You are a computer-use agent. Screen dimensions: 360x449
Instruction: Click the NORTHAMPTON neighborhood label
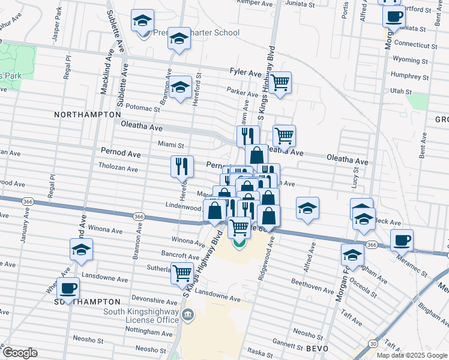(x=88, y=114)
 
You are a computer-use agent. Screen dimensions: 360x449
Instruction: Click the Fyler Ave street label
(x=246, y=72)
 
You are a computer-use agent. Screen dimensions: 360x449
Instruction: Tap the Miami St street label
(x=170, y=144)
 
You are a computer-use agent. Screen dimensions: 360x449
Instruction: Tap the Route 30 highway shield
(x=373, y=343)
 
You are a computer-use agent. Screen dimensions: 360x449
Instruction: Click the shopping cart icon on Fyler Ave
(x=280, y=83)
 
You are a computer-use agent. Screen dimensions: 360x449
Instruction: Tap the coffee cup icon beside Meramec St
(x=402, y=240)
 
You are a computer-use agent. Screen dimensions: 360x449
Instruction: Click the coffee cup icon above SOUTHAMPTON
(x=68, y=288)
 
